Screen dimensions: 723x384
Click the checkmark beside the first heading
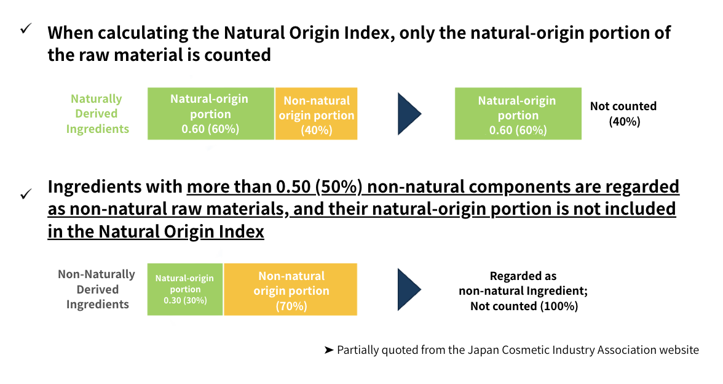click(26, 28)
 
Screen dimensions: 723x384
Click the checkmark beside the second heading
click(26, 194)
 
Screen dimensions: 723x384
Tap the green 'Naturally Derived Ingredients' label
click(97, 113)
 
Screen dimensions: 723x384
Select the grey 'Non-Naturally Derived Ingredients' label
click(97, 289)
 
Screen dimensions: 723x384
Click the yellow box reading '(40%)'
click(316, 113)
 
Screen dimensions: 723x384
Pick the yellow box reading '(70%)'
click(290, 289)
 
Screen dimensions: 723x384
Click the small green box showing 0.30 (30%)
click(185, 289)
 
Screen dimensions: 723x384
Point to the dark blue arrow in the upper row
click(409, 114)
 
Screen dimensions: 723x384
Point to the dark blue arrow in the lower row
click(409, 289)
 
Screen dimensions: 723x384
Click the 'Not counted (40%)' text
click(624, 113)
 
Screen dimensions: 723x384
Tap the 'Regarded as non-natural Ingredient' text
click(523, 283)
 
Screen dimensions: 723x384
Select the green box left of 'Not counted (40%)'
click(518, 113)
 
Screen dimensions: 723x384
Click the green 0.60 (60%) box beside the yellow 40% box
click(211, 113)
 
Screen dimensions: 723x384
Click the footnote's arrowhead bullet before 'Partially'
click(329, 350)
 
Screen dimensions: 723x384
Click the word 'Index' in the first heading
click(368, 33)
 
